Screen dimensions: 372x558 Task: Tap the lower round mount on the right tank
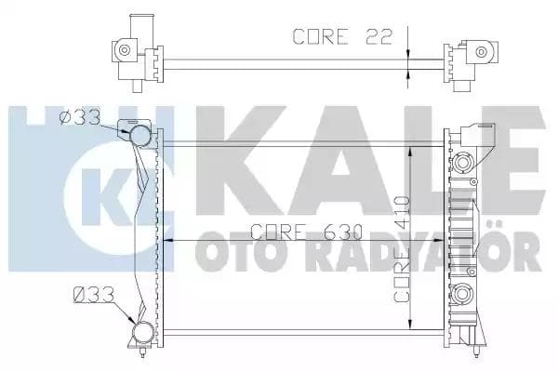click(x=461, y=297)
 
